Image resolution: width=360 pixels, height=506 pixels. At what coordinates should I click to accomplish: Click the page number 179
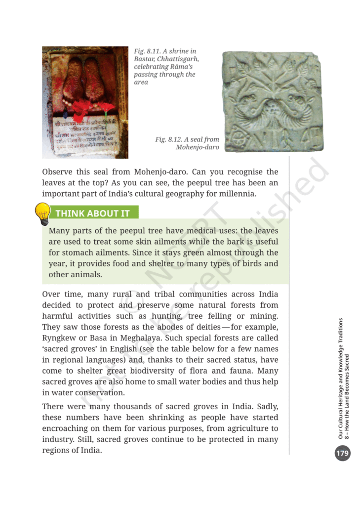342,453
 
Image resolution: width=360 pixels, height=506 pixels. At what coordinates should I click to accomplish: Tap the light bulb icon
43,213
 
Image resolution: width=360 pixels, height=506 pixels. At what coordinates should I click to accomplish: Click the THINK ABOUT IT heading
92,213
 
